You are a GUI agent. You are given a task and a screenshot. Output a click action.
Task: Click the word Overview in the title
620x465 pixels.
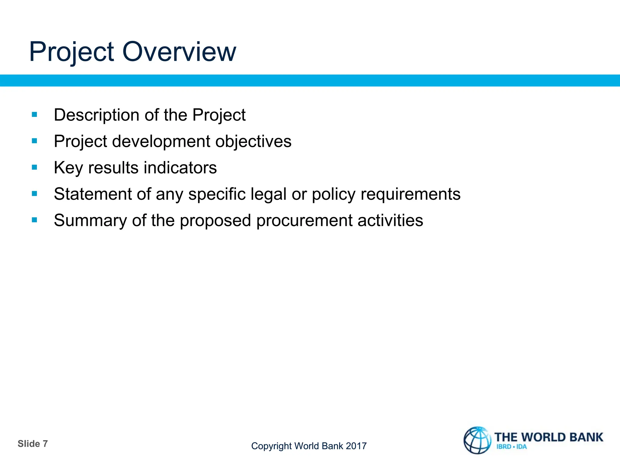pos(179,52)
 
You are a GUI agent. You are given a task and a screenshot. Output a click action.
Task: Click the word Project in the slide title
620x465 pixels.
pos(71,52)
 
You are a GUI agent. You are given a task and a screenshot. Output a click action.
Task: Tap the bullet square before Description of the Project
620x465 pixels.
pos(35,115)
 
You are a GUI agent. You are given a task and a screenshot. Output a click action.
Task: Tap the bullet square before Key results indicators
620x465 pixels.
pos(35,167)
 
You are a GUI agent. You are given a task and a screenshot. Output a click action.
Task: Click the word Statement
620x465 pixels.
pos(93,194)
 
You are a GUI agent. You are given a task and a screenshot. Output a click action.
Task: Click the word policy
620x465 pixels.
pos(334,194)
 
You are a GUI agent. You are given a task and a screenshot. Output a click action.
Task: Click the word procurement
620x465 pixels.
pos(304,221)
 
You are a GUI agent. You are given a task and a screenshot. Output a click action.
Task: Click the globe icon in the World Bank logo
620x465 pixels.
pos(477,440)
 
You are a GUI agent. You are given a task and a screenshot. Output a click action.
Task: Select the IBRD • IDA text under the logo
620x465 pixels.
pos(511,447)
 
